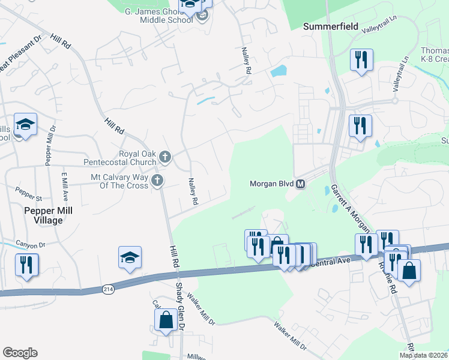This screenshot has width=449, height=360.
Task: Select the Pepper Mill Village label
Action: coord(43,215)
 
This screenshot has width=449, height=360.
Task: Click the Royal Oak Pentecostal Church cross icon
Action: coord(165,157)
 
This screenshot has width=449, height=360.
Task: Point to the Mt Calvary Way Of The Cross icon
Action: coord(157,181)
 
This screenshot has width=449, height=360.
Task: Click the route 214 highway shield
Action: coord(108,289)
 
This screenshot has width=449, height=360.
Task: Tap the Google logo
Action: coord(20,353)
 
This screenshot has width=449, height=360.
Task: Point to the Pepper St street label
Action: coord(29,196)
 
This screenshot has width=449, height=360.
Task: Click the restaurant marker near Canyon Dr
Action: coord(26,265)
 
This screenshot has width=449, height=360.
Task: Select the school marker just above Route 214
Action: coord(130,257)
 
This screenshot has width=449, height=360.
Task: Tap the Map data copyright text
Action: coord(423,355)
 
